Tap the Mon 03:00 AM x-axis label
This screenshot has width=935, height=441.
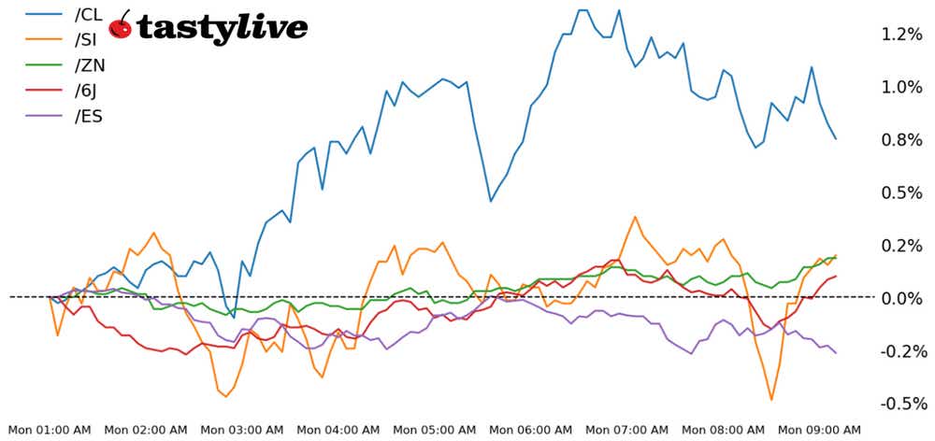point(242,430)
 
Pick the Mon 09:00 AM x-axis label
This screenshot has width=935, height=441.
point(820,430)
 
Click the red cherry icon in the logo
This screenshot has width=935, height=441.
point(121,27)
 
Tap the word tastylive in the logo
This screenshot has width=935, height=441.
point(222,28)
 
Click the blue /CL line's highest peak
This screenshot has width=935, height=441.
point(583,10)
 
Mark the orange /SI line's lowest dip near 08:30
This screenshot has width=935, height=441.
point(771,400)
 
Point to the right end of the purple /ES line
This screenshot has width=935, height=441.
point(836,352)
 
